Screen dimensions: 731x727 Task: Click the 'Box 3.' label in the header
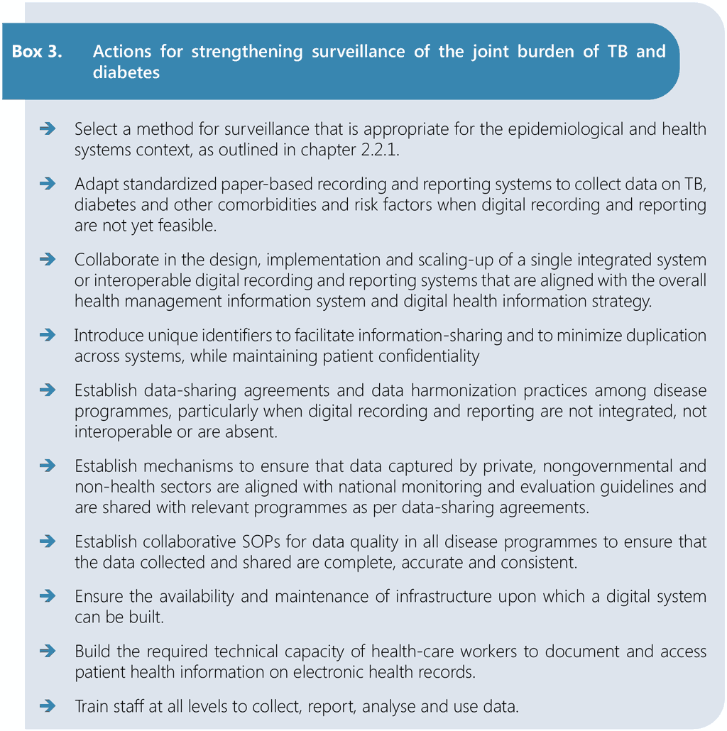[36, 53]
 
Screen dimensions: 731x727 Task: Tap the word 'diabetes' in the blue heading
[126, 72]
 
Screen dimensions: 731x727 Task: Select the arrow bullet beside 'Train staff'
[48, 706]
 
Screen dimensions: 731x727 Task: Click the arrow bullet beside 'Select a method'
[48, 128]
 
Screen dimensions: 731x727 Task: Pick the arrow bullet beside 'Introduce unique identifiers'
[48, 335]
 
